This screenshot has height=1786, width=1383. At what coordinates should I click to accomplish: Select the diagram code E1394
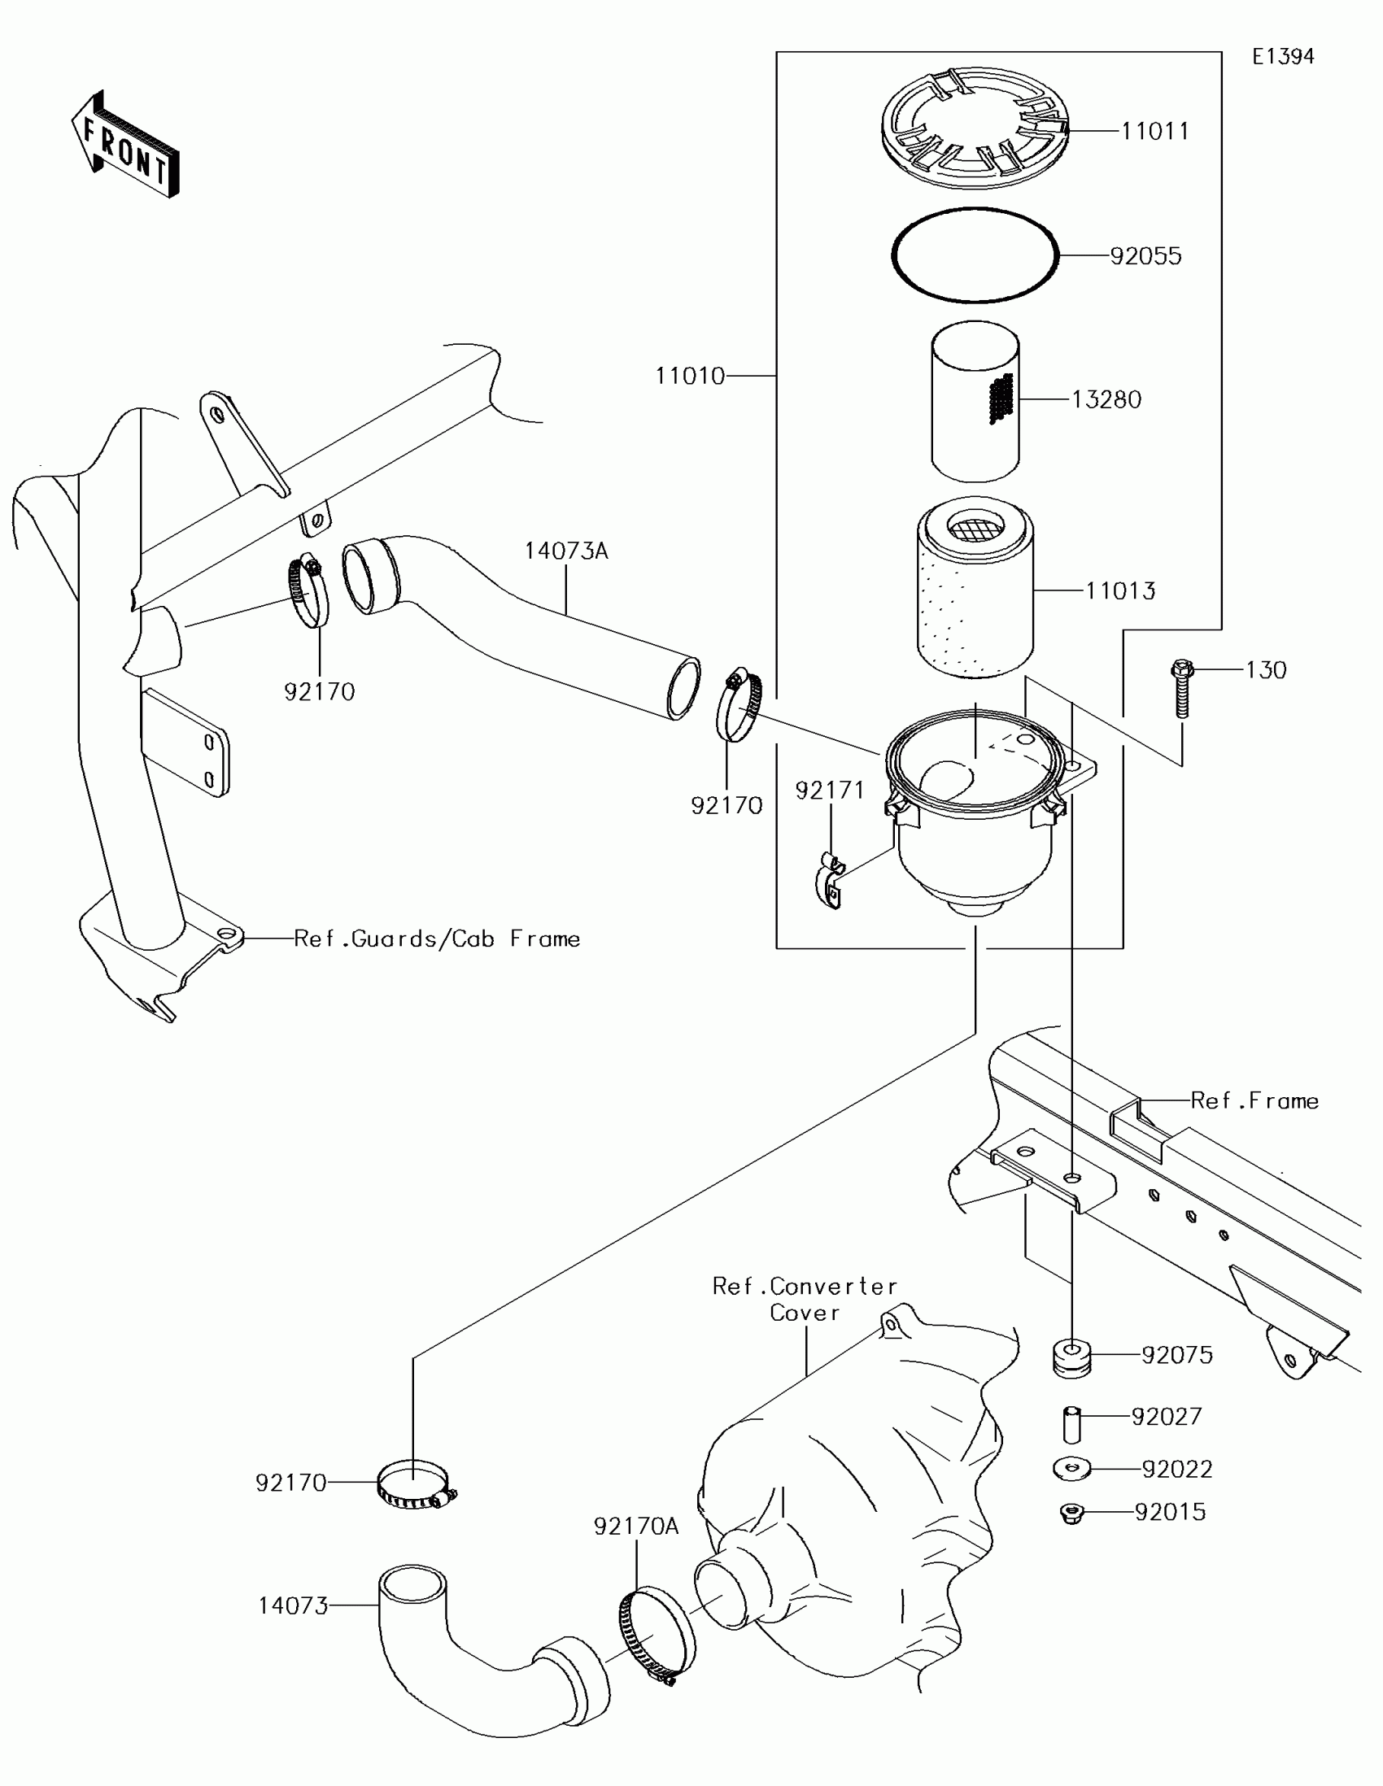(1282, 56)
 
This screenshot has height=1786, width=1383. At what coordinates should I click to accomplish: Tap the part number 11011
(1154, 131)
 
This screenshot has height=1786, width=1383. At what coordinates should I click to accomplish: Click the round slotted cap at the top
(975, 127)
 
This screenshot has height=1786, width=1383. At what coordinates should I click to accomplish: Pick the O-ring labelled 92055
(974, 255)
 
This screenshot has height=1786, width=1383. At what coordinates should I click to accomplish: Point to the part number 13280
(1106, 400)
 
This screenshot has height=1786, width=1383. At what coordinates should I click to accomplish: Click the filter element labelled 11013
(974, 589)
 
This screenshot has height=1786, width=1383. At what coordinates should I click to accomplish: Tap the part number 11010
(689, 377)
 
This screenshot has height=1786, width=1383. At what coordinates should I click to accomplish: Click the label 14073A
(566, 551)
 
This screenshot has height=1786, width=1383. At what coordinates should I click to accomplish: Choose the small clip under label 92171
(830, 884)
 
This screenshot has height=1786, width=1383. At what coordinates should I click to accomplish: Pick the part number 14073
(293, 1606)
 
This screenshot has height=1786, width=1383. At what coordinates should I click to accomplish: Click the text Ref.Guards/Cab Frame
(437, 939)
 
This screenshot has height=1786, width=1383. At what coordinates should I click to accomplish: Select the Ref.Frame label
(1254, 1100)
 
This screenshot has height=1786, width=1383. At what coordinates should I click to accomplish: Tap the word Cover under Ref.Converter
(805, 1313)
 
